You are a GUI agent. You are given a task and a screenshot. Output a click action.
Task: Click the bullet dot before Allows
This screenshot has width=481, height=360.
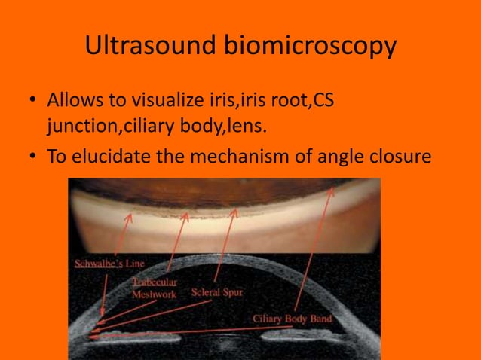[31, 101]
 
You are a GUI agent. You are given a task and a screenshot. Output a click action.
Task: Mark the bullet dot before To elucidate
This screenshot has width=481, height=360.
[31, 157]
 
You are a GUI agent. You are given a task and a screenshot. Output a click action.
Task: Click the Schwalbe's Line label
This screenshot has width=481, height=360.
[110, 264]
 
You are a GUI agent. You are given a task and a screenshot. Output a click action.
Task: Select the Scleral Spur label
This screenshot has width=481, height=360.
[217, 291]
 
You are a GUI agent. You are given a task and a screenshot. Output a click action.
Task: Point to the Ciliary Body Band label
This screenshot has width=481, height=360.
[293, 319]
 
